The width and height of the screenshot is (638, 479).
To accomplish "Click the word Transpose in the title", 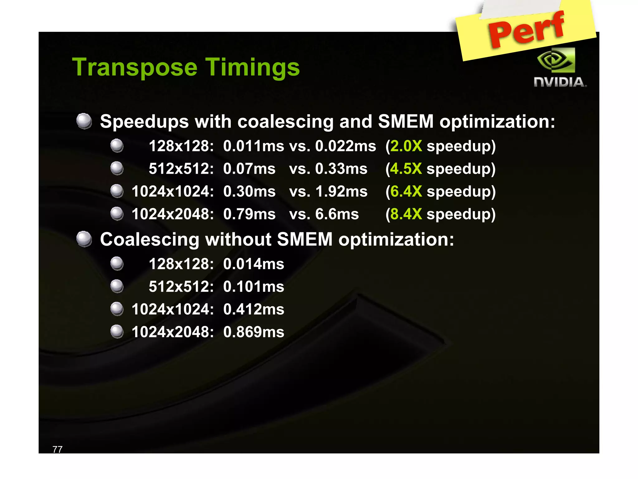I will [x=135, y=67].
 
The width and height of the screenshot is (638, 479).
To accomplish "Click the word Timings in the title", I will [x=252, y=67].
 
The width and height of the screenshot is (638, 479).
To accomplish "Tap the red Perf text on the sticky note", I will [x=526, y=30].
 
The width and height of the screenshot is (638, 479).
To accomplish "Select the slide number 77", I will [x=58, y=449].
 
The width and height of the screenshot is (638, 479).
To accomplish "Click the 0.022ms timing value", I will [x=345, y=146].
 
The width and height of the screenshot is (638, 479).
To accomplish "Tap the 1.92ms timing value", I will [x=341, y=191].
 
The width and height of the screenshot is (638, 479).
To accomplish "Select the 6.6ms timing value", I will [x=337, y=214].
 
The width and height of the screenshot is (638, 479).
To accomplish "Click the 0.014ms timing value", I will [x=254, y=264].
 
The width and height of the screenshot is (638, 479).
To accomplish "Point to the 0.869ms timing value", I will [x=254, y=332].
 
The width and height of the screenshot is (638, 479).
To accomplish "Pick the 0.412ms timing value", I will [x=254, y=309].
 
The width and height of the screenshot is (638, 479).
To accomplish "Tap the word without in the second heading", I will [x=238, y=239].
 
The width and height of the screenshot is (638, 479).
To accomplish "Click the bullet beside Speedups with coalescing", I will [x=84, y=121].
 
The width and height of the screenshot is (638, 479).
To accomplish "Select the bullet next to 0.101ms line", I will [x=117, y=286].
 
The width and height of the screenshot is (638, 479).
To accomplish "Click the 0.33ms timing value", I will [x=341, y=169].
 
